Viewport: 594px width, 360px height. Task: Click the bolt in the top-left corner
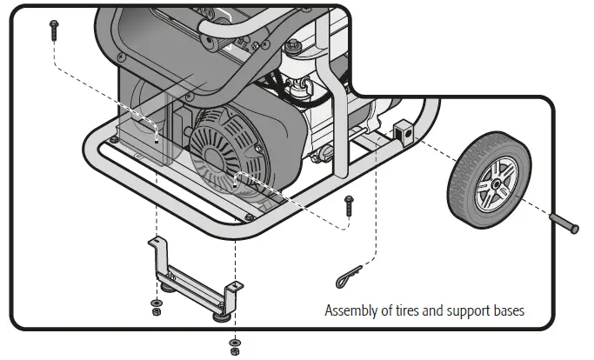click(54, 29)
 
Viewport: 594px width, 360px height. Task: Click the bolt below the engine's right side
click(349, 206)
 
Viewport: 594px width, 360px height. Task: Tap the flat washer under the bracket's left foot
click(155, 301)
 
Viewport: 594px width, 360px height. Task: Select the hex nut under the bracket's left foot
click(155, 311)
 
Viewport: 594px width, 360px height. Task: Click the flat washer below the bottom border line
click(234, 341)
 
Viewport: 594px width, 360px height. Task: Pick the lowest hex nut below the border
click(234, 351)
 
